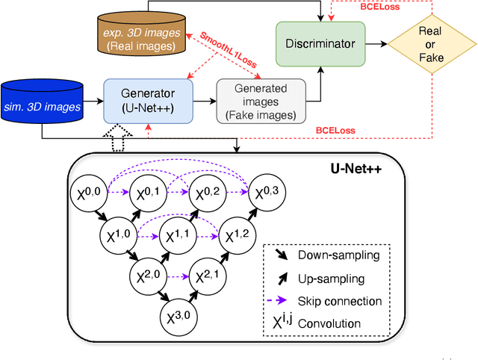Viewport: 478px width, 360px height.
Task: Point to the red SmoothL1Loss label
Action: click(229, 43)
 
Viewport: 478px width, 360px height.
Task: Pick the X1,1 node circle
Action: click(179, 237)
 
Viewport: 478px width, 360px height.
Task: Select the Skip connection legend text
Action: click(340, 301)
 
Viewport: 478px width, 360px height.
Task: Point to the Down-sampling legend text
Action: click(338, 255)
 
